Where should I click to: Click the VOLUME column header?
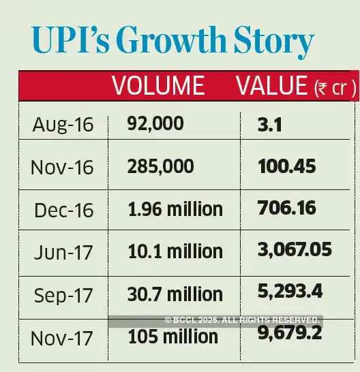click(158, 86)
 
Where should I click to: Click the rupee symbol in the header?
click(321, 89)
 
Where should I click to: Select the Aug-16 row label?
click(62, 125)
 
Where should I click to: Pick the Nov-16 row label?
click(62, 167)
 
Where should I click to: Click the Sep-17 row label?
click(62, 294)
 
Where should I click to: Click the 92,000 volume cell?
click(155, 123)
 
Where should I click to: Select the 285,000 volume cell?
click(160, 166)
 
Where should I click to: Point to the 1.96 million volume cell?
click(175, 208)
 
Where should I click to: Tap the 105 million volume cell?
click(172, 336)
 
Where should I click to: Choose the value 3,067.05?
click(295, 249)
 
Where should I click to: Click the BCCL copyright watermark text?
click(241, 320)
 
